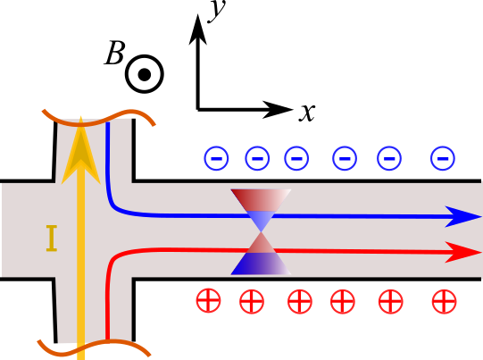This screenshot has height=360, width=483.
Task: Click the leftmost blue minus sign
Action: coord(216,158)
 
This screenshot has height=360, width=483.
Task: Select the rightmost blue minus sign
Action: coord(443,158)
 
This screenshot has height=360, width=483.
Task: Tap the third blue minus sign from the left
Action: coord(296,158)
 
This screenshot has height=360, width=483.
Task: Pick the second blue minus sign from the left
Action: coord(257,158)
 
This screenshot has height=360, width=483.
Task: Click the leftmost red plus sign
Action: coord(208,301)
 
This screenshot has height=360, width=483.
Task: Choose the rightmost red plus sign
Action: coord(444,302)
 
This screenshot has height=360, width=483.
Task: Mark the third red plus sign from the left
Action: coord(300,302)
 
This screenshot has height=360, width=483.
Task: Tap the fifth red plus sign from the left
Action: coord(390,302)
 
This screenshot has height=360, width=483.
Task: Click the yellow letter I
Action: coord(51,239)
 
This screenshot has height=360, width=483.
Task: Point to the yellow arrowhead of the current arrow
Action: coord(80,152)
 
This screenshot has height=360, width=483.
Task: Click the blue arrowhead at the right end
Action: coord(464,216)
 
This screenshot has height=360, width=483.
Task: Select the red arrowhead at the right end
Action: coord(464,253)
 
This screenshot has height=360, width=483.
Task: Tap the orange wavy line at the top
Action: coord(98,116)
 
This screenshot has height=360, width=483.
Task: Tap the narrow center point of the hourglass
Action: coord(261,231)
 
